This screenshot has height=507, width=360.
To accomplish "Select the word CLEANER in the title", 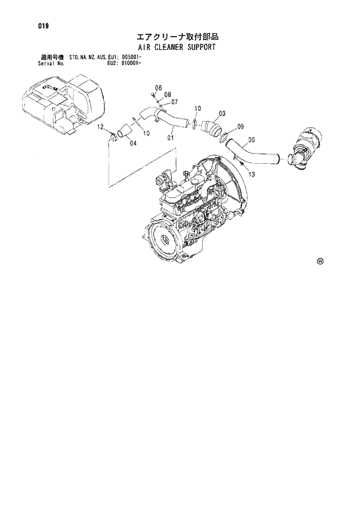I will (x=165, y=47).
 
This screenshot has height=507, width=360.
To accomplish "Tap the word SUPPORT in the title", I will (x=199, y=47).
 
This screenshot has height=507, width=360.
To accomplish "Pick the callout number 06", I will (x=157, y=88).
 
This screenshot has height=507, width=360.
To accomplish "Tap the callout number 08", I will (x=167, y=95).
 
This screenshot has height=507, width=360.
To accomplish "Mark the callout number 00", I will (x=251, y=139).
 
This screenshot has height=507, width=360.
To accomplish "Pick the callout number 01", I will (x=171, y=138).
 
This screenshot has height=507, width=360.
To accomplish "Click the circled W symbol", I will (x=320, y=261).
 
